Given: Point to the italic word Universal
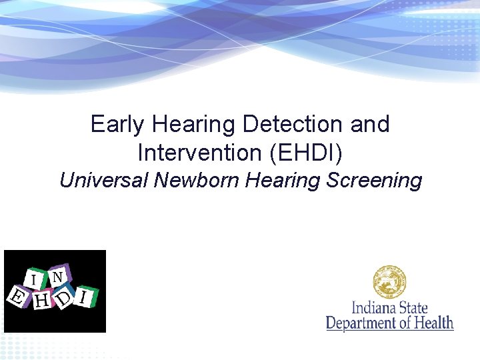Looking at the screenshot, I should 103,181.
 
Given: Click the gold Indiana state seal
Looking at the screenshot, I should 390,282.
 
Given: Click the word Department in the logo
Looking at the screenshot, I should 363,323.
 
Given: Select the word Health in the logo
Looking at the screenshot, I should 433,323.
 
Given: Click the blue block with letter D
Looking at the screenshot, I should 64,298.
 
